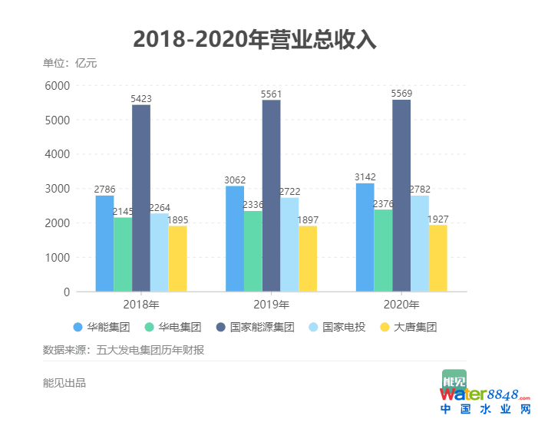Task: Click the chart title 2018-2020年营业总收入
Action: (x=255, y=39)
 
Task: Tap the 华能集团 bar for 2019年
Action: (x=235, y=239)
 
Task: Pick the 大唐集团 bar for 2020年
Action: (x=437, y=258)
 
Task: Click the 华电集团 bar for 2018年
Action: (x=123, y=255)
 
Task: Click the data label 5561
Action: (x=272, y=94)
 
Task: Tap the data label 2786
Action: (x=104, y=190)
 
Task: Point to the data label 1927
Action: (x=437, y=219)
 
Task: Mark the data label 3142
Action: (x=365, y=178)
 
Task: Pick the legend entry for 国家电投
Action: (x=333, y=327)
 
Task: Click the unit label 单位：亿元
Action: (x=70, y=63)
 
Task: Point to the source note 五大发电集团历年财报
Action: (x=150, y=350)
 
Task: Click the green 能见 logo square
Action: (x=454, y=381)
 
